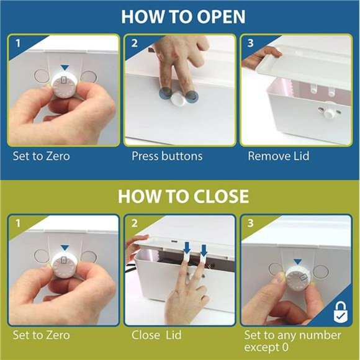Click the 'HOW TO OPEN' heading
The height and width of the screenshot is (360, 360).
[183, 17]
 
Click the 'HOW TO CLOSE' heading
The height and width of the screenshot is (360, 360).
[183, 196]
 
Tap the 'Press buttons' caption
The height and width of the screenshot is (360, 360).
[167, 156]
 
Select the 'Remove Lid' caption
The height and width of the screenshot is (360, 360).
[279, 156]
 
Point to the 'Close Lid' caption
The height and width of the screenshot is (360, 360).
[156, 335]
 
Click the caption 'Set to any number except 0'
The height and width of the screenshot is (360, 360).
[292, 341]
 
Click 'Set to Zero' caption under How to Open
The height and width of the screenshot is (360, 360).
[42, 156]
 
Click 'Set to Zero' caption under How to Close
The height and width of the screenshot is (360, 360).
[42, 335]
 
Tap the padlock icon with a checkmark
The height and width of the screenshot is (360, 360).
[341, 312]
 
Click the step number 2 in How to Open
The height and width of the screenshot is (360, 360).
[134, 43]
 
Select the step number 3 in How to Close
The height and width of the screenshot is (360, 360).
[251, 223]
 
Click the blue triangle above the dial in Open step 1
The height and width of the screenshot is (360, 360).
[65, 68]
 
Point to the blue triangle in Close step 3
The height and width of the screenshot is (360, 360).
[297, 262]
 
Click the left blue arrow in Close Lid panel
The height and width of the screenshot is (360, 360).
[187, 248]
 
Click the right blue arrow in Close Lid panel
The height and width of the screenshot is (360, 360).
[204, 251]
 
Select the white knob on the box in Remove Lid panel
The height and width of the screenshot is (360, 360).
[328, 114]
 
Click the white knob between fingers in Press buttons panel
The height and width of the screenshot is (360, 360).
[179, 99]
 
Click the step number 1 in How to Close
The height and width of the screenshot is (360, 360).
[18, 223]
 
